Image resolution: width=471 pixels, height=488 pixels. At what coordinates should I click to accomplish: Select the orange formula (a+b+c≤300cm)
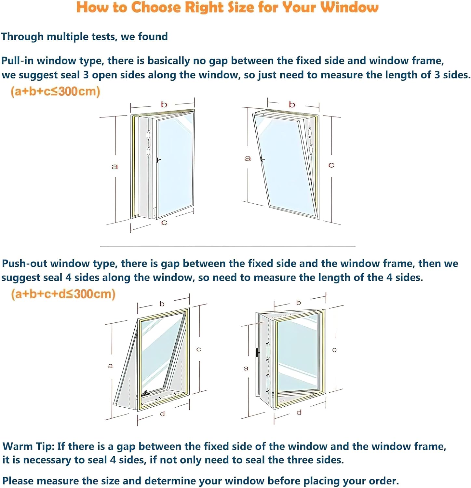(x=55, y=91)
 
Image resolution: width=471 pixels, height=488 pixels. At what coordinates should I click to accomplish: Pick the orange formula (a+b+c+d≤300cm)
(x=63, y=294)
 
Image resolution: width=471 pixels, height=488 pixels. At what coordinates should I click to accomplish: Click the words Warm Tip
(x=28, y=446)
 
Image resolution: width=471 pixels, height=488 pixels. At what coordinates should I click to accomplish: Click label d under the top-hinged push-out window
(x=162, y=414)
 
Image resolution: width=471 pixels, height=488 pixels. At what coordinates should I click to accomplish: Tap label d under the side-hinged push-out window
(x=299, y=413)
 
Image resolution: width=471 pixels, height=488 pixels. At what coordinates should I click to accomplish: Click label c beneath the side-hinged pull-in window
(x=164, y=223)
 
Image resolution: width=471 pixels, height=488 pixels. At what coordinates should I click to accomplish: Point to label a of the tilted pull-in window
(x=248, y=158)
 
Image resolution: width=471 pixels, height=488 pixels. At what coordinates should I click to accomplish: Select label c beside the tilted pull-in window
(x=331, y=165)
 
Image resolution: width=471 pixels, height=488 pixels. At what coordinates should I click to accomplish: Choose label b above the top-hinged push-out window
(x=162, y=304)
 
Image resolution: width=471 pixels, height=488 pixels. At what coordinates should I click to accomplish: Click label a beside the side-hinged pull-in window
(x=114, y=167)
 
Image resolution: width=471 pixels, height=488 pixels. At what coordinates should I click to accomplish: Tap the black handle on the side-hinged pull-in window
(x=158, y=160)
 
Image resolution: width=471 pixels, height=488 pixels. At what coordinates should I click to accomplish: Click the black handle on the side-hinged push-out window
(x=257, y=352)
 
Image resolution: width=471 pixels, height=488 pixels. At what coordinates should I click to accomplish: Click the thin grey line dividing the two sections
(x=228, y=246)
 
